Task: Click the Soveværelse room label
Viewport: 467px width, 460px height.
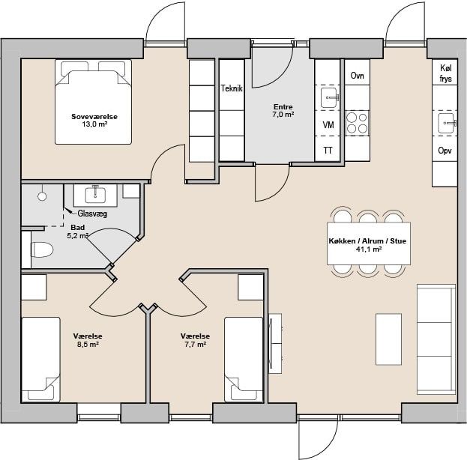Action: tap(94, 117)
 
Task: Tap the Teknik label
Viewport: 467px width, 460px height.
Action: tap(232, 88)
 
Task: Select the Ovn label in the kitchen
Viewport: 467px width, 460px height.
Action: tap(357, 76)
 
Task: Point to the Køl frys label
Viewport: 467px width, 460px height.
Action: tap(445, 73)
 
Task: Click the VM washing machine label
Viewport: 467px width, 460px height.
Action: tap(328, 125)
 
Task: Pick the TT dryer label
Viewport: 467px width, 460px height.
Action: tap(328, 151)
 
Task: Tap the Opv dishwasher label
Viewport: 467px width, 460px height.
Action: tap(445, 151)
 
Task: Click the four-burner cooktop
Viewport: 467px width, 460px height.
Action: tap(357, 124)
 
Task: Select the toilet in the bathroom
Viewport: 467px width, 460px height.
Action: tap(42, 249)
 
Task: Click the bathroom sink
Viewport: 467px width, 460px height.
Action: tap(95, 196)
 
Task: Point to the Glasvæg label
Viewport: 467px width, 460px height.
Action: tap(92, 214)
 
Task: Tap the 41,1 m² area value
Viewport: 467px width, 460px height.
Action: tap(369, 249)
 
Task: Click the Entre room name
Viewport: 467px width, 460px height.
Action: tap(283, 106)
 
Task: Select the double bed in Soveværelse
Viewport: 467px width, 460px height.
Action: tap(93, 102)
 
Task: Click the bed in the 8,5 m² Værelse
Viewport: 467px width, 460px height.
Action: tap(40, 360)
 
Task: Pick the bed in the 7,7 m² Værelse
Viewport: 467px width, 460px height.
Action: tap(244, 360)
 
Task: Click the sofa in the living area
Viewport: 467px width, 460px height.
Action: tap(436, 339)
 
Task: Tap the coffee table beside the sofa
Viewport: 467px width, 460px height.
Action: tap(388, 339)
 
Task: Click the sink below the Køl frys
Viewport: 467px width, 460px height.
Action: tap(446, 123)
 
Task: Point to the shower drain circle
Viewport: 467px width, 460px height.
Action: tap(42, 196)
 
